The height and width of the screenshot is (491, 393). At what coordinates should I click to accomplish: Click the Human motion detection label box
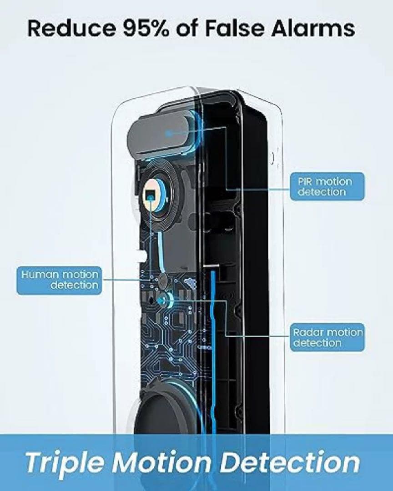60,280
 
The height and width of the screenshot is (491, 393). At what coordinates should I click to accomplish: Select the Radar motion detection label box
327,337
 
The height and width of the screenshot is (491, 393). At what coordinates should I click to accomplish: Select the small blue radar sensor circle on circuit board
163,299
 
